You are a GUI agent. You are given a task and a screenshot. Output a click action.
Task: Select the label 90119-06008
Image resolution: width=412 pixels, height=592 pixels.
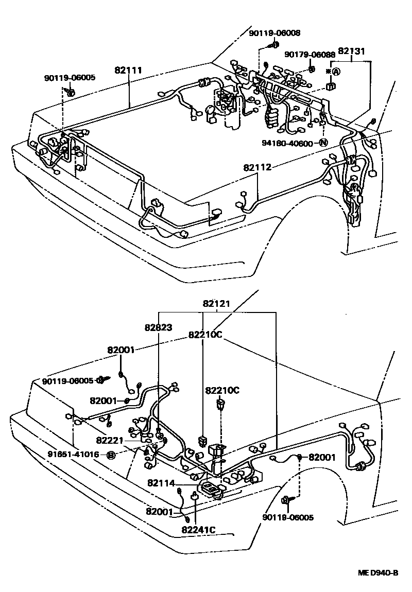pyautogui.click(x=274, y=33)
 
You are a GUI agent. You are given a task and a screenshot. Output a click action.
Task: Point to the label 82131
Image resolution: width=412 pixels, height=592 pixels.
pyautogui.click(x=352, y=51)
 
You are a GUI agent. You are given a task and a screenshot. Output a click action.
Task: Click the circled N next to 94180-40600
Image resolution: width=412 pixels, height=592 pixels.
pyautogui.click(x=323, y=143)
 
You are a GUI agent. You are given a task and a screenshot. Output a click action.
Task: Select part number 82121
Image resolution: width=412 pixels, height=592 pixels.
pyautogui.click(x=216, y=304)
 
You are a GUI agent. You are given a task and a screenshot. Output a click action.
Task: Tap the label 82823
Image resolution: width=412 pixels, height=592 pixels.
pyautogui.click(x=158, y=327)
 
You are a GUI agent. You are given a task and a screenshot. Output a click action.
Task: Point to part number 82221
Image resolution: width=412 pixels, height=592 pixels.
pyautogui.click(x=110, y=441)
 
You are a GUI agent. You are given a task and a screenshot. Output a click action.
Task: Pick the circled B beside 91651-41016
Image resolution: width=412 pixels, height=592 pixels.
pyautogui.click(x=110, y=455)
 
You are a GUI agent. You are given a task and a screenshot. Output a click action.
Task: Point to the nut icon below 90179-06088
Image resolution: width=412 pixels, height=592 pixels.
pyautogui.click(x=311, y=68)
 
